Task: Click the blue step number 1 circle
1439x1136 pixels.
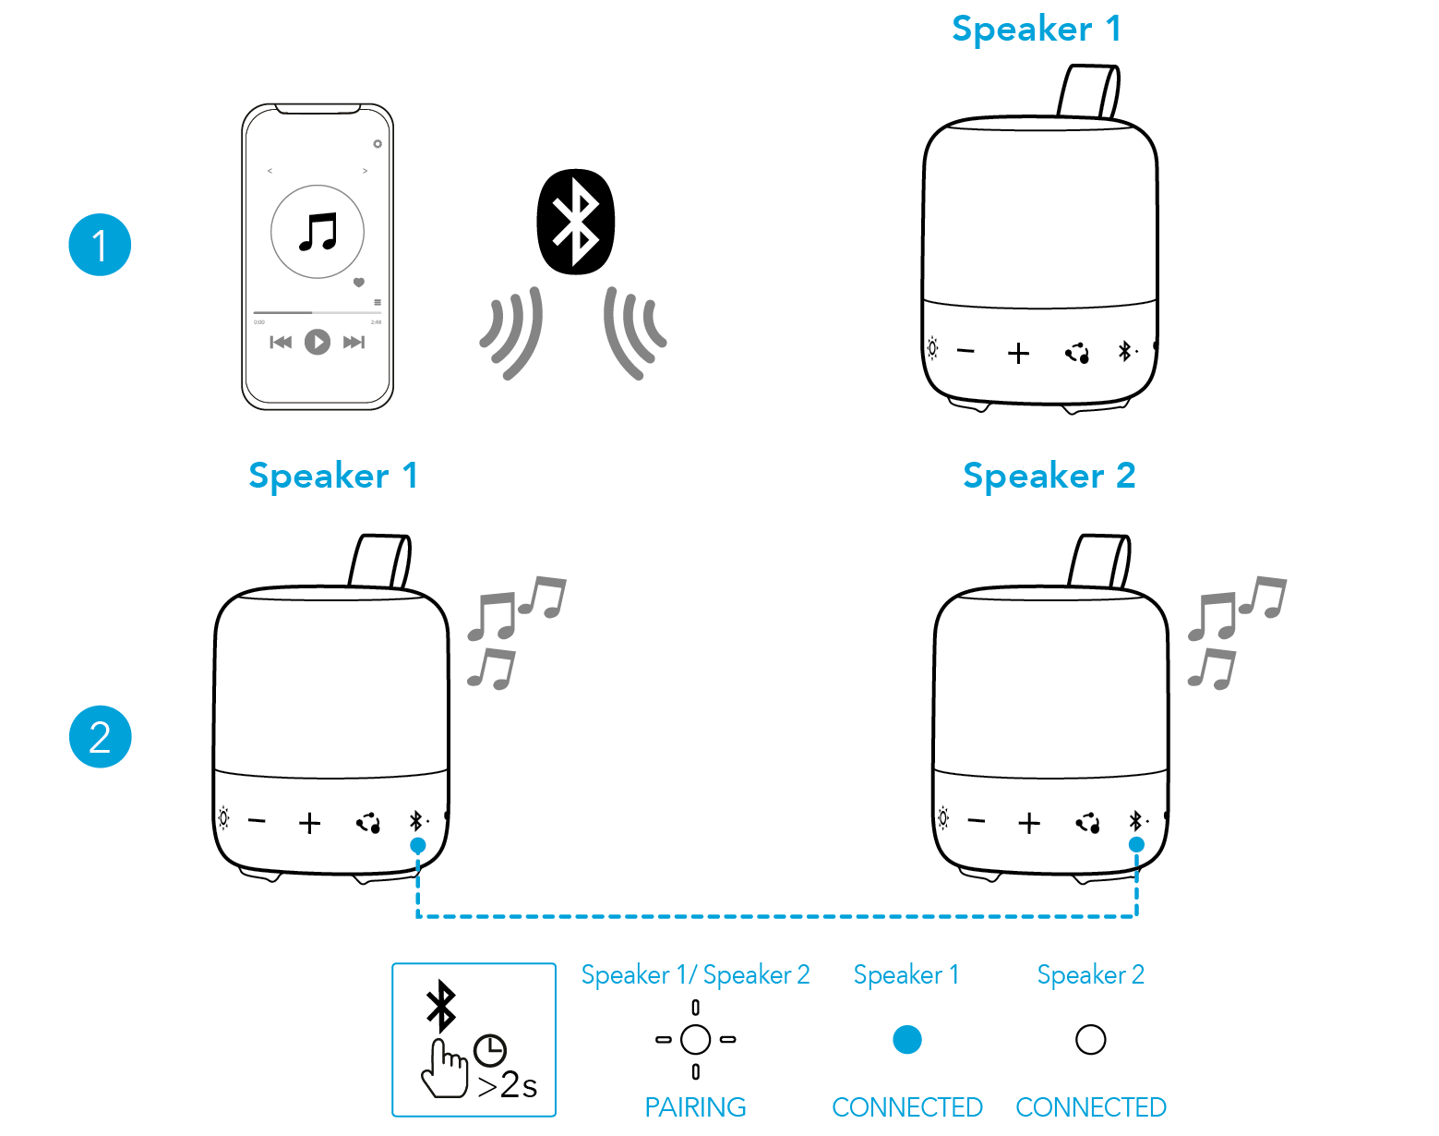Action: (100, 245)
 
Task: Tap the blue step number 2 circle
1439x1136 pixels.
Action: (101, 737)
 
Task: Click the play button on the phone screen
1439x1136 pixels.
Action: (318, 343)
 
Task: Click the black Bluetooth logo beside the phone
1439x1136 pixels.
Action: (575, 222)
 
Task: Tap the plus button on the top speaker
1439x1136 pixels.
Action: (1018, 353)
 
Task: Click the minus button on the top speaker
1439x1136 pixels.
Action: (966, 351)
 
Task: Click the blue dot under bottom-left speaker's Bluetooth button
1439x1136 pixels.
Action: (418, 845)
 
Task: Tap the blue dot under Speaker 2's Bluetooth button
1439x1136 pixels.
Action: (1136, 844)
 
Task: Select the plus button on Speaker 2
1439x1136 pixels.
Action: (1028, 822)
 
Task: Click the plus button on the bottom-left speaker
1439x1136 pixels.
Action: (310, 823)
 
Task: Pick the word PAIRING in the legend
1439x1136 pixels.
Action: (695, 1106)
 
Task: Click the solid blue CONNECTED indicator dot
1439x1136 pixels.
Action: (906, 1040)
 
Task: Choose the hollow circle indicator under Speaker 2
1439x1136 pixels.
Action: (1090, 1040)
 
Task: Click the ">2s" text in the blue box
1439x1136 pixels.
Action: (508, 1085)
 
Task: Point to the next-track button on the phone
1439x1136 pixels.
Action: (354, 343)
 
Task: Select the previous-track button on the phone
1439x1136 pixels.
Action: (281, 343)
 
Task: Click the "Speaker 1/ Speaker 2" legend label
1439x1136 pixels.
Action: (695, 975)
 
